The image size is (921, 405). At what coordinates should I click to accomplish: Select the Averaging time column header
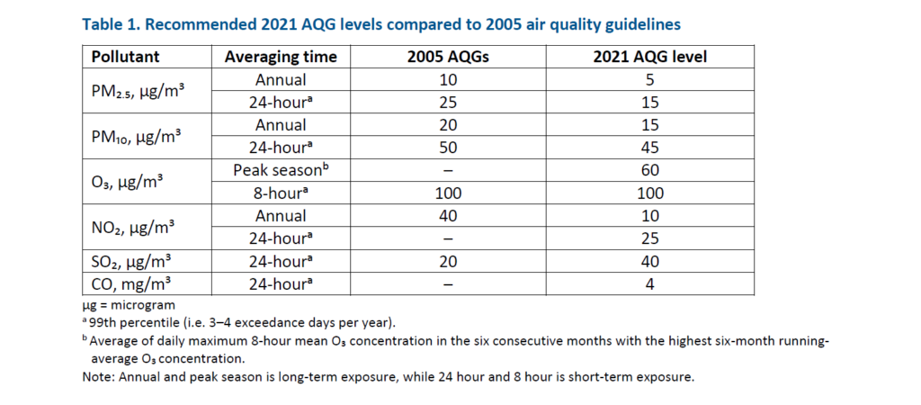[x=281, y=57]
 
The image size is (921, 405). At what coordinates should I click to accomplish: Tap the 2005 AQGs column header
[x=447, y=57]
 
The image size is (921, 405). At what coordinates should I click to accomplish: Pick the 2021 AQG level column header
[x=650, y=57]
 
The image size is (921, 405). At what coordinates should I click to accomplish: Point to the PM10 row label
[x=136, y=137]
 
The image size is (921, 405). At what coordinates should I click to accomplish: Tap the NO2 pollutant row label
[x=130, y=227]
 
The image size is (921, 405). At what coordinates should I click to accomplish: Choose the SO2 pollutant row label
[x=130, y=261]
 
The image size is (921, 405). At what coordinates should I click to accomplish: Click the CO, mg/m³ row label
[x=130, y=284]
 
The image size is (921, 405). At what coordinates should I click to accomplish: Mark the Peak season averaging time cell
[x=281, y=170]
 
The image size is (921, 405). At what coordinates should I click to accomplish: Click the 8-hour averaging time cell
[x=281, y=193]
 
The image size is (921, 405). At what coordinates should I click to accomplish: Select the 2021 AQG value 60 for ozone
[x=650, y=170]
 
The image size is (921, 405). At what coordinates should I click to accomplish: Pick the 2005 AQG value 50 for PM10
[x=447, y=148]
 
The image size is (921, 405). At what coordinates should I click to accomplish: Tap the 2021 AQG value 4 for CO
[x=650, y=284]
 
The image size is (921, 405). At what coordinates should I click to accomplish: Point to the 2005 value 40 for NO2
[x=447, y=216]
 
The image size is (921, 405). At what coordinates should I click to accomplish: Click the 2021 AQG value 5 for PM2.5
[x=650, y=79]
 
